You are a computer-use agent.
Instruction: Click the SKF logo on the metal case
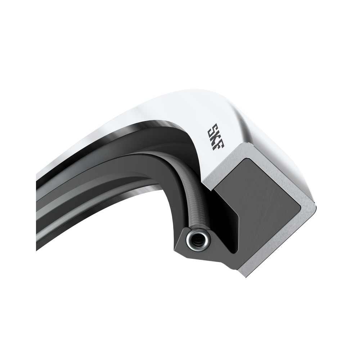216,137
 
